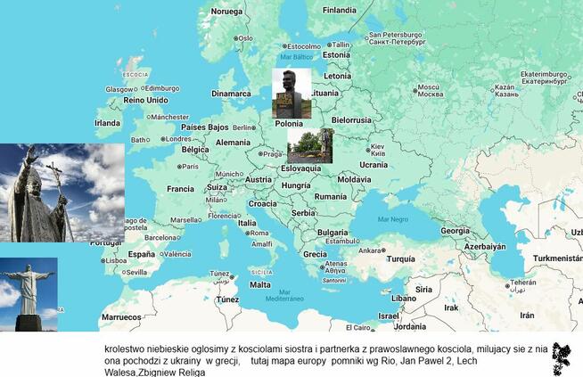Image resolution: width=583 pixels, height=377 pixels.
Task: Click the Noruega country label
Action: coord(226,12)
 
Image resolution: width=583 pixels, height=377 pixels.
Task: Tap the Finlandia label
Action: coord(339,11)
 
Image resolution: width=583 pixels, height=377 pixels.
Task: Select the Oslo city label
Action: coord(243,38)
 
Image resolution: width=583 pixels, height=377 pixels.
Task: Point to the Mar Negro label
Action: coord(392,218)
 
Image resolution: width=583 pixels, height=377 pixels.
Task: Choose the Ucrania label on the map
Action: coord(374,164)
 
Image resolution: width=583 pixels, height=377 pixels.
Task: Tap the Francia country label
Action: coord(180,189)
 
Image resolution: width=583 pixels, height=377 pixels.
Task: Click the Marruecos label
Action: coord(120,316)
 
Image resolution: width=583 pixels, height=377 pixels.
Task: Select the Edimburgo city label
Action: coord(160,88)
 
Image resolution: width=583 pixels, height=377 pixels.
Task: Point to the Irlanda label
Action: coord(107,123)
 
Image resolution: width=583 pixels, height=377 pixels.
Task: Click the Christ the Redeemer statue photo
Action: coord(28,294)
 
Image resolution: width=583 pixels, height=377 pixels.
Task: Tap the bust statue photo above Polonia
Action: coord(291,93)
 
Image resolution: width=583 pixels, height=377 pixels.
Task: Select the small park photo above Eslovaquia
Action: coord(310,145)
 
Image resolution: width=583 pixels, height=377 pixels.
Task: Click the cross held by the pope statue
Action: coord(55,178)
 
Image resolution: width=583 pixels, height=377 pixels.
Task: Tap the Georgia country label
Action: coord(455,230)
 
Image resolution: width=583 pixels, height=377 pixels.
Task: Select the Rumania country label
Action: coord(330,196)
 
